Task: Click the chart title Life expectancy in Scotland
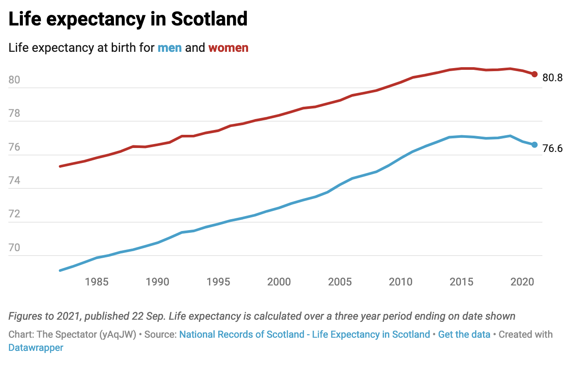pos(128,19)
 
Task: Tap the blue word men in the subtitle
pos(170,47)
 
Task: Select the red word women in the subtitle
pos(228,47)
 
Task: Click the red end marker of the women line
pos(534,74)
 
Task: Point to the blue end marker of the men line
pos(534,144)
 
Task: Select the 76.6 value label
pos(552,149)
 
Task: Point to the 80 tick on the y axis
pos(15,80)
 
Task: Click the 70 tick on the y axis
pos(15,248)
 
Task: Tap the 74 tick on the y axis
pos(15,181)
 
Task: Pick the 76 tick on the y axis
pos(15,147)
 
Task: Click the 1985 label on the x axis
pos(97,281)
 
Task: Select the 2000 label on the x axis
pos(279,281)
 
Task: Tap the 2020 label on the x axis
pos(522,281)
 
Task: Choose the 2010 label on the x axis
pos(401,281)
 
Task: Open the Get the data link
pos(464,335)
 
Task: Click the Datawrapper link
pos(36,348)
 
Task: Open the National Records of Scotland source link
pos(304,335)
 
